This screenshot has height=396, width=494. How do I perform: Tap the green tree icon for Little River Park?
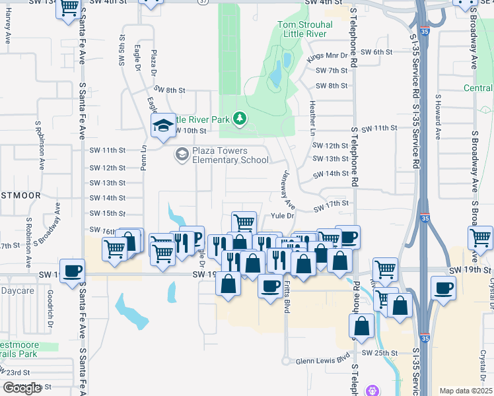pyautogui.click(x=240, y=118)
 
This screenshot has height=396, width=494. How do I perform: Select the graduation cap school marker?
pyautogui.click(x=162, y=126)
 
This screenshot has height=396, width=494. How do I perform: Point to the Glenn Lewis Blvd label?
pyautogui.click(x=322, y=360)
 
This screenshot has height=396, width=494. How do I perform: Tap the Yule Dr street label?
pyautogui.click(x=282, y=215)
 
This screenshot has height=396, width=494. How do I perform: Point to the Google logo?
pyautogui.click(x=22, y=388)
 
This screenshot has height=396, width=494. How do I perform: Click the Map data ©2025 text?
pyautogui.click(x=466, y=391)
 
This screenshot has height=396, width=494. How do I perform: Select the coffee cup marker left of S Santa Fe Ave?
pyautogui.click(x=72, y=271)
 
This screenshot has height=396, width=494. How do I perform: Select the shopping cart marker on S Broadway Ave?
pyautogui.click(x=480, y=238)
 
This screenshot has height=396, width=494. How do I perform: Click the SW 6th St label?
pyautogui.click(x=378, y=52)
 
